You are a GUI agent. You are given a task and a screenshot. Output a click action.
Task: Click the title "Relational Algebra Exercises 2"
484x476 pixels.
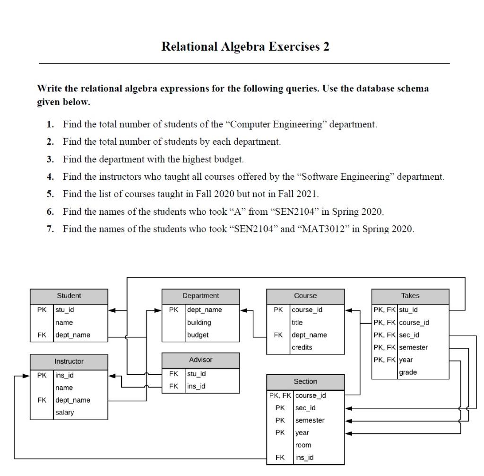click(x=245, y=47)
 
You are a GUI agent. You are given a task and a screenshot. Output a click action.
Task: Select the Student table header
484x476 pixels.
click(x=69, y=296)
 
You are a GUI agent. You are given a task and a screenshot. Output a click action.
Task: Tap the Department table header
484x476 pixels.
click(x=201, y=296)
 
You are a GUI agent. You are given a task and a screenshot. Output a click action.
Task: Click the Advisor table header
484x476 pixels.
click(x=201, y=360)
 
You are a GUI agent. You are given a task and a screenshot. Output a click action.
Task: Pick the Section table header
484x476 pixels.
click(x=305, y=381)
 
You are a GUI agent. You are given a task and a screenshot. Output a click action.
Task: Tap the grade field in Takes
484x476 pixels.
click(x=408, y=372)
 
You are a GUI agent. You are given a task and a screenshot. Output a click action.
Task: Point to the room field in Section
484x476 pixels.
click(x=303, y=445)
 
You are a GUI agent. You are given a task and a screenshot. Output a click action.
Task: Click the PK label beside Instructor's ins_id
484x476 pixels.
click(x=42, y=376)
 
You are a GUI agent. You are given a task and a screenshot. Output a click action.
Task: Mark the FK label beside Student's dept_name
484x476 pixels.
click(x=42, y=335)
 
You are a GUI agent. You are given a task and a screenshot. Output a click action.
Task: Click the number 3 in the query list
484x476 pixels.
click(x=50, y=159)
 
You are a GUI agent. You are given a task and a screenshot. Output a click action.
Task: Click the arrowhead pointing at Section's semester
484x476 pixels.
click(x=349, y=420)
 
